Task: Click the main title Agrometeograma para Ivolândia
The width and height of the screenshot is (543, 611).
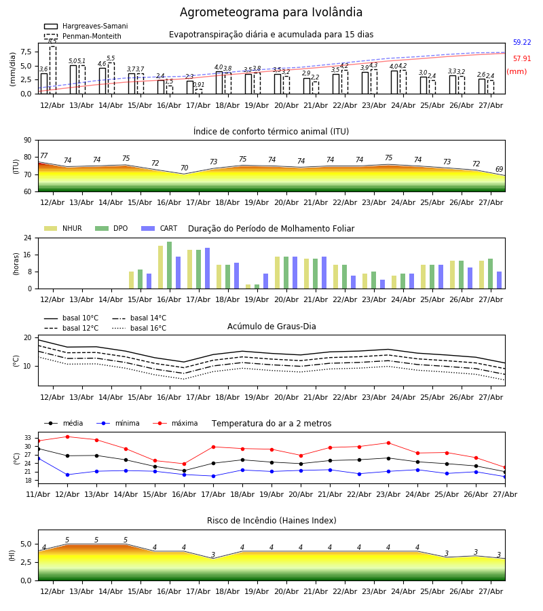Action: pyautogui.click(x=271, y=12)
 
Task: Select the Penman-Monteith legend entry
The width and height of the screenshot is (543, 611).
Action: pyautogui.click(x=83, y=36)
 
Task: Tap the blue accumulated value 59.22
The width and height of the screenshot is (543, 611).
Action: pyautogui.click(x=522, y=43)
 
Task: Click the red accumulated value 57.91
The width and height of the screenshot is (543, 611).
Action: pyautogui.click(x=522, y=59)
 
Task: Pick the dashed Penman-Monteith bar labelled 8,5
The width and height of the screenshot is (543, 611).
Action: pyautogui.click(x=52, y=70)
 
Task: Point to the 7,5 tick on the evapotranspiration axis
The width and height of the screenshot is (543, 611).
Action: pyautogui.click(x=26, y=52)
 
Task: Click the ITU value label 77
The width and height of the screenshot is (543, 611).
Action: pyautogui.click(x=44, y=155)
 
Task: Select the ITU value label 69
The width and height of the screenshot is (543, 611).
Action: pyautogui.click(x=499, y=169)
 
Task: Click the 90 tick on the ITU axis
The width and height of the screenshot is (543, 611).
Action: pyautogui.click(x=28, y=141)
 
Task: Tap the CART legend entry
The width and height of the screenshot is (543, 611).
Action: pyautogui.click(x=160, y=228)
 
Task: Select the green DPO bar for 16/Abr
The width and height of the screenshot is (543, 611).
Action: pyautogui.click(x=170, y=265)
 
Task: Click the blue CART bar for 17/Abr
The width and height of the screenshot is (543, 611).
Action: pyautogui.click(x=207, y=268)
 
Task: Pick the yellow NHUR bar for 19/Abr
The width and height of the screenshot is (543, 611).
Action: pyautogui.click(x=248, y=286)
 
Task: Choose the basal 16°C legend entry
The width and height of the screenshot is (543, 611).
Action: pyautogui.click(x=139, y=328)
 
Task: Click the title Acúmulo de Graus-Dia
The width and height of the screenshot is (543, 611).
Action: pyautogui.click(x=271, y=327)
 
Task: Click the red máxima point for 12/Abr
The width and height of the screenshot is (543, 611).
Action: pyautogui.click(x=67, y=437)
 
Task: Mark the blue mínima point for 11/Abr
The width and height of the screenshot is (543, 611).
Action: pyautogui.click(x=39, y=459)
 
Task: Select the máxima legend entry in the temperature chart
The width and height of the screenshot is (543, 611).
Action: pyautogui.click(x=175, y=423)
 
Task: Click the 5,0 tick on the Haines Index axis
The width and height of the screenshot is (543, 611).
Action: pyautogui.click(x=26, y=544)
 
